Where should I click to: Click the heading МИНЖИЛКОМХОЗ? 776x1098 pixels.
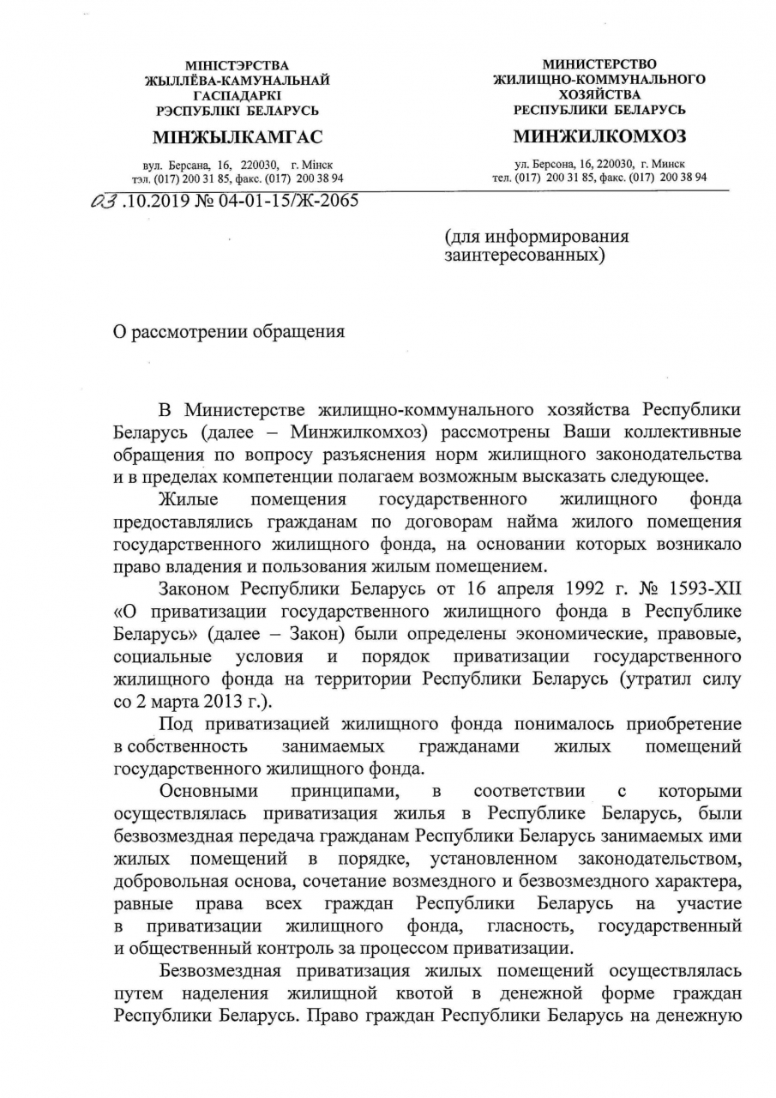point(599,137)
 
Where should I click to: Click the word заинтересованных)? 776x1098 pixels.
point(525,255)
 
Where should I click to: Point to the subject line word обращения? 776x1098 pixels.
point(295,332)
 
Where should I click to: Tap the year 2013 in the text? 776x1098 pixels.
point(214,700)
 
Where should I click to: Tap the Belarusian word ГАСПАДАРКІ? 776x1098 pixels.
point(238,95)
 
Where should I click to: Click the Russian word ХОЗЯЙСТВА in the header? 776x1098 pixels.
point(599,95)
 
